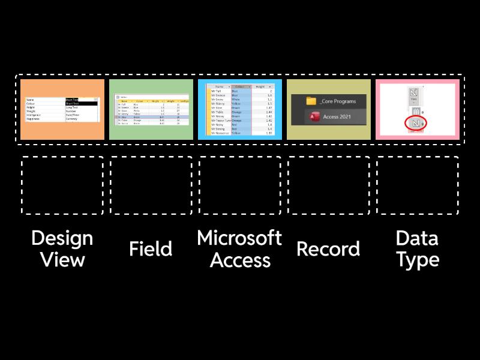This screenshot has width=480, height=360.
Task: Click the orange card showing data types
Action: pyautogui.click(x=62, y=109)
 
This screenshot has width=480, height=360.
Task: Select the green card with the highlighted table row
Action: pyautogui.click(x=151, y=109)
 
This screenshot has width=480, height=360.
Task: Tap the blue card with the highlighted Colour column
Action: pyautogui.click(x=239, y=109)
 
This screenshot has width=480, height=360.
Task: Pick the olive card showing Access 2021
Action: pyautogui.click(x=328, y=109)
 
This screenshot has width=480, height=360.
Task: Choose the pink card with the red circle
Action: pyautogui.click(x=417, y=109)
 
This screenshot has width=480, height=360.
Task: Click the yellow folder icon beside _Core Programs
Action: pyautogui.click(x=311, y=101)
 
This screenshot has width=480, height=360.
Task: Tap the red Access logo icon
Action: pyautogui.click(x=311, y=116)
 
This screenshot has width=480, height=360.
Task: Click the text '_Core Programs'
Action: pyautogui.click(x=343, y=101)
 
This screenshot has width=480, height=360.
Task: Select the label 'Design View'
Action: pyautogui.click(x=62, y=249)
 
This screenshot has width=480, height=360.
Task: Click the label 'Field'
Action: pyautogui.click(x=151, y=249)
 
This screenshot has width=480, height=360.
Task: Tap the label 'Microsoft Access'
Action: pyautogui.click(x=239, y=249)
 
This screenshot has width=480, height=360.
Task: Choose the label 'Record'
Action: pyautogui.click(x=328, y=249)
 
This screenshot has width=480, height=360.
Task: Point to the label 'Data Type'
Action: pyautogui.click(x=417, y=249)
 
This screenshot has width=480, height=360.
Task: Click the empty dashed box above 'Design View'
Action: pyautogui.click(x=62, y=185)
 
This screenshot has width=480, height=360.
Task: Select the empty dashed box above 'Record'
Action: pyautogui.click(x=328, y=185)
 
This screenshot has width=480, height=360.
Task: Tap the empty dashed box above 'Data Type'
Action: pyautogui.click(x=417, y=185)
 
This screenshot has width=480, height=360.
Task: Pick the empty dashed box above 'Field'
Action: pyautogui.click(x=151, y=185)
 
